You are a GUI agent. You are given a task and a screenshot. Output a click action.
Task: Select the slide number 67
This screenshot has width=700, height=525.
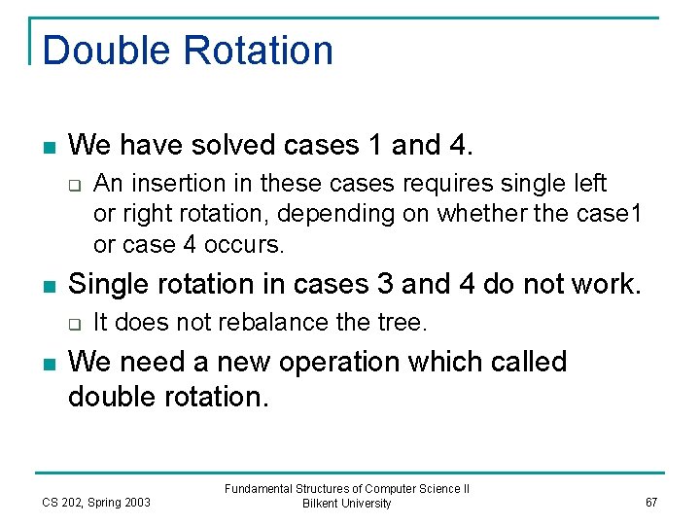(x=651, y=502)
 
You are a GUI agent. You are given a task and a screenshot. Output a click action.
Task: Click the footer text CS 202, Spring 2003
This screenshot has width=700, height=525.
(x=96, y=502)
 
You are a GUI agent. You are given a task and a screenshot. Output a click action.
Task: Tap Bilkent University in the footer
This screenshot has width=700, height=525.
(x=347, y=504)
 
